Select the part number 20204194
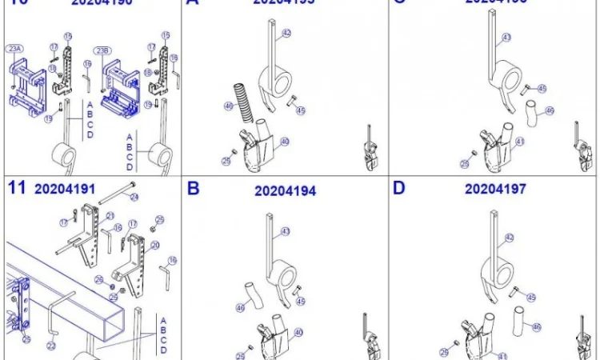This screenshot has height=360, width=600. pos(285,191)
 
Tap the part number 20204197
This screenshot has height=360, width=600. pos(495,190)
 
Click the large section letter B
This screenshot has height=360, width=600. pos(193,189)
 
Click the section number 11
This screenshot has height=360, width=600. pos(17,189)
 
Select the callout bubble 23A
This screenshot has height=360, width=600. pos(14,50)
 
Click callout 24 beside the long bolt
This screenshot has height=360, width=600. pos(134,197)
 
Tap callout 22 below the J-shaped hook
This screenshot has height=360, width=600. pos(51,346)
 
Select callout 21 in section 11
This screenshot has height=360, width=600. pos(110,216)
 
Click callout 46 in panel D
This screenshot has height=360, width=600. pos(538,326)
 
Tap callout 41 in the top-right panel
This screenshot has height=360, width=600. pos(521,142)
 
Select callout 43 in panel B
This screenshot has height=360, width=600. pos(285,231)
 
